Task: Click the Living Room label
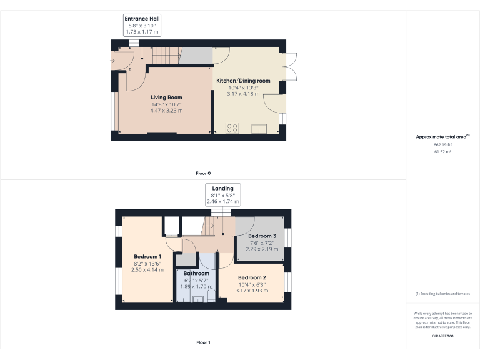click(166, 97)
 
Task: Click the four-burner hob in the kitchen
click(232, 128)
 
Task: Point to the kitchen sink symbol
click(257, 129)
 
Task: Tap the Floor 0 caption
click(203, 173)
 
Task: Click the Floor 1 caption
click(203, 342)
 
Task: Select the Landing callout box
click(222, 195)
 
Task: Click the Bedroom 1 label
click(147, 257)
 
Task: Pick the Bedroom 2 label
click(252, 277)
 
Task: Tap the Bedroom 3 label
click(262, 236)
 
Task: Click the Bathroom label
click(196, 274)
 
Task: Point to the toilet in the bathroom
click(211, 294)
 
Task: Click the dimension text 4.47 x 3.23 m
click(166, 111)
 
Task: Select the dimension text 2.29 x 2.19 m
click(262, 249)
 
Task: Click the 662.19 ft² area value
click(442, 144)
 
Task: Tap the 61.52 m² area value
click(442, 151)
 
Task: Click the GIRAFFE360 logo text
click(442, 336)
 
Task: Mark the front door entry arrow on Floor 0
click(112, 61)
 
